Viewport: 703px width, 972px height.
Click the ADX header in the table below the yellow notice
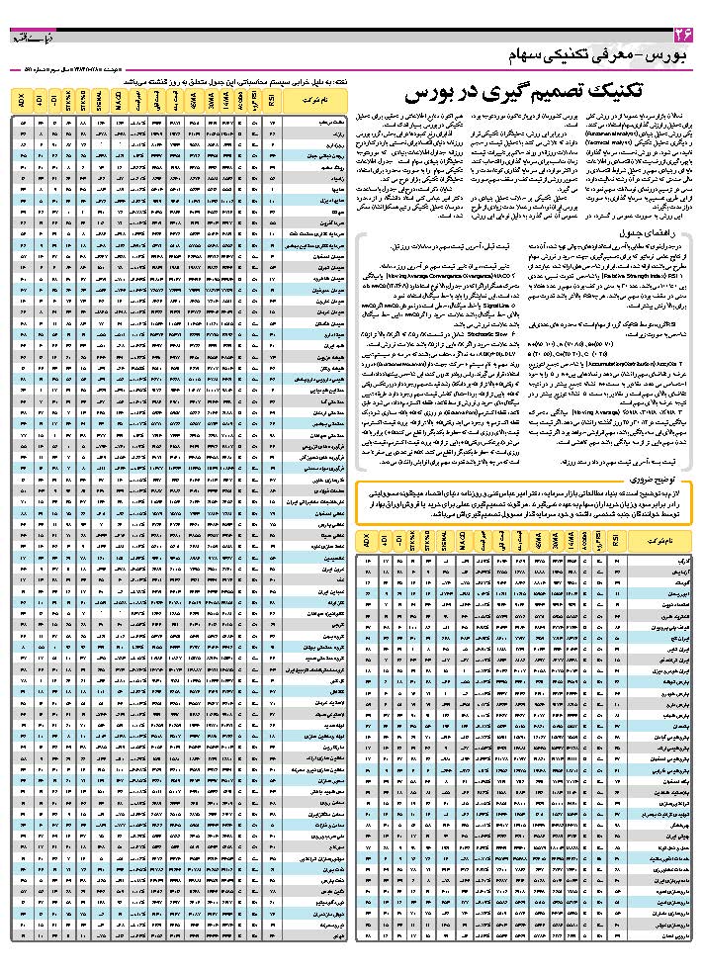point(366,542)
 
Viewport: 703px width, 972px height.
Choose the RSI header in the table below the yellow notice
point(618,542)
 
